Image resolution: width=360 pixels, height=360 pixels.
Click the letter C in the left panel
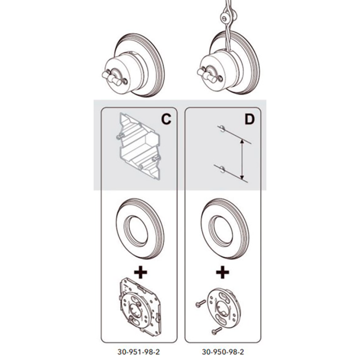tap(166, 119)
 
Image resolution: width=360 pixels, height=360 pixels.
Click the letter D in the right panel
tap(250, 119)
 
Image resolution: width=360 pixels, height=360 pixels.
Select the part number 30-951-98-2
tap(139, 351)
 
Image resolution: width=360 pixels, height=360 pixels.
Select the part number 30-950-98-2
tap(223, 351)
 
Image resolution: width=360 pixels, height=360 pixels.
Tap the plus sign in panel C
tap(140, 272)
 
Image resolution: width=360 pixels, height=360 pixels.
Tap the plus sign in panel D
tap(222, 272)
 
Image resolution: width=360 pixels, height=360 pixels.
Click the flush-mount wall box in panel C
tap(139, 146)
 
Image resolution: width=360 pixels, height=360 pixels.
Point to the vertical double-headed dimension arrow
tap(242, 159)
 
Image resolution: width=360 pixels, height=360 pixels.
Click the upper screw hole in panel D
tap(221, 128)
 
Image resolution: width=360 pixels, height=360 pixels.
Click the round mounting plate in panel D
tap(224, 306)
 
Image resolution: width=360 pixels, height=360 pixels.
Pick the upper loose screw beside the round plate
tap(200, 303)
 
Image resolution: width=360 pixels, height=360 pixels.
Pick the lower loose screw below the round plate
tap(216, 331)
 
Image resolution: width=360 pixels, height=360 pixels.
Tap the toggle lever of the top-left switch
tap(112, 77)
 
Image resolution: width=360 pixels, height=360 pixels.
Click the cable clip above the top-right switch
tap(225, 17)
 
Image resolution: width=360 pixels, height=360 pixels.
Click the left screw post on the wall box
tap(120, 137)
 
